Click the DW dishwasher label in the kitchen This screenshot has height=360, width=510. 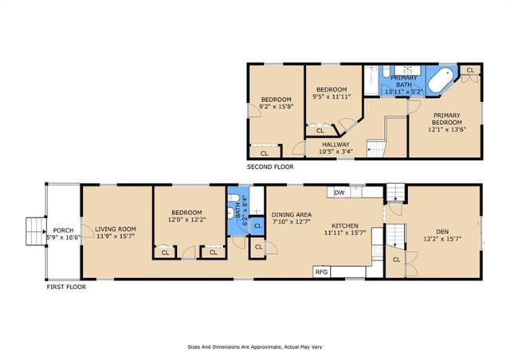(339, 193)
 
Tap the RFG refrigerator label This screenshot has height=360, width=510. (321, 272)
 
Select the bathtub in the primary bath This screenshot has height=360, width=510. (440, 80)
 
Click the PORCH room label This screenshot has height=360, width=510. (64, 230)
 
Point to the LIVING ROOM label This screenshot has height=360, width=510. (116, 229)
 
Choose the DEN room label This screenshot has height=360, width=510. (442, 232)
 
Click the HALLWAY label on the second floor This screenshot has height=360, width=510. (335, 144)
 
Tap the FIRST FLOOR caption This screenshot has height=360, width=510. (66, 287)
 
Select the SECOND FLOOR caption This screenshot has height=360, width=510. (270, 166)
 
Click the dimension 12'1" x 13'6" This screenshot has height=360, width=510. (447, 130)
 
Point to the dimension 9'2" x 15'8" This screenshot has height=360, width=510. (277, 106)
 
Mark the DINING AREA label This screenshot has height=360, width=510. (292, 214)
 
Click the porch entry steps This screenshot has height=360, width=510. (36, 232)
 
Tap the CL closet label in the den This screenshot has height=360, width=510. (396, 260)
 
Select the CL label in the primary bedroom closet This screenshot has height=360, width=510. (470, 70)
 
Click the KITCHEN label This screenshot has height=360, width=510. (345, 225)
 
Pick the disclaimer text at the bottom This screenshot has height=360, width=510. (255, 347)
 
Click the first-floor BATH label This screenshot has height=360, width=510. (237, 210)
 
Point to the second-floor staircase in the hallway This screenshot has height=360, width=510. (377, 149)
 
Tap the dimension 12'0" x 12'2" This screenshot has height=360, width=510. (186, 220)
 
